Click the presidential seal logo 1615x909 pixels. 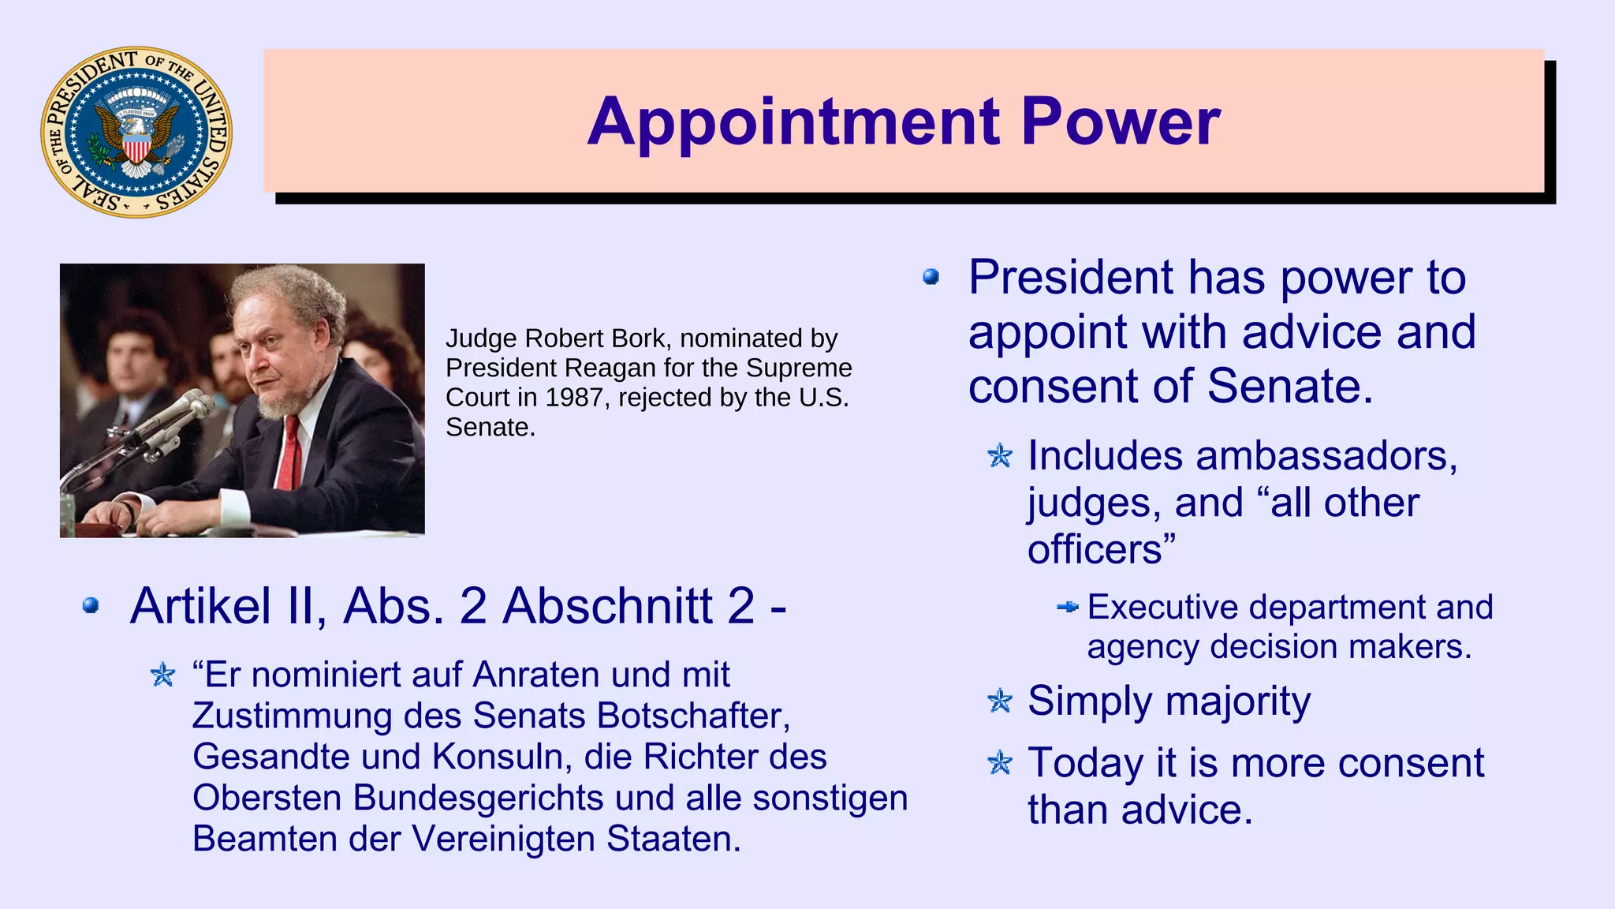tap(136, 132)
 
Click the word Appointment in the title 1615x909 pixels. tap(793, 122)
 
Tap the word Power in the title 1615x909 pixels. tap(1121, 122)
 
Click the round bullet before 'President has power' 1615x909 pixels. tap(931, 277)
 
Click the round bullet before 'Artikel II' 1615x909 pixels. tap(91, 606)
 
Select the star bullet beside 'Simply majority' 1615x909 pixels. tap(1000, 701)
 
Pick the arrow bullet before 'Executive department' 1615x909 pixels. tap(1067, 607)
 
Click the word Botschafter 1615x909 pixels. tap(693, 716)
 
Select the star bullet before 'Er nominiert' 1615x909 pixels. tap(163, 675)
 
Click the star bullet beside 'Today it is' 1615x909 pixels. tap(1000, 763)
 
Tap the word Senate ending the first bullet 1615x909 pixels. tap(1290, 387)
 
